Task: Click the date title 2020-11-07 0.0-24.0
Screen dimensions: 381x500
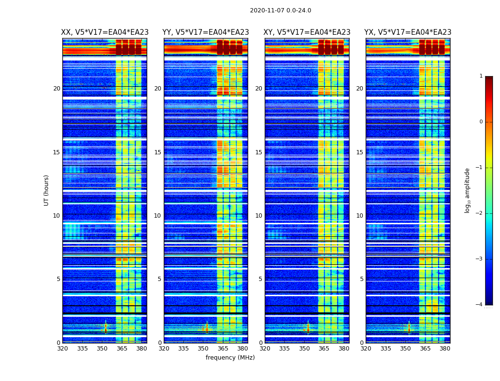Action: coord(280,10)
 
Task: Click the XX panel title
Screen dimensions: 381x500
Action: coord(105,32)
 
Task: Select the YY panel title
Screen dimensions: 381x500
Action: coord(206,32)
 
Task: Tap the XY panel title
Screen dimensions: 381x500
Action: coord(307,32)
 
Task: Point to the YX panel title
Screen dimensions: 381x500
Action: coord(408,32)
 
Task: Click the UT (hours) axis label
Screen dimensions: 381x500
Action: coord(46,190)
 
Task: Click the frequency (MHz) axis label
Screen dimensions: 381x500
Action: coord(230,358)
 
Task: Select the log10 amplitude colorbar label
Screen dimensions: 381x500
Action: coord(468,190)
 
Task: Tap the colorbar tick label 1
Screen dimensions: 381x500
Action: coord(480,76)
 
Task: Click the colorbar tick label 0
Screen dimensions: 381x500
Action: coord(480,122)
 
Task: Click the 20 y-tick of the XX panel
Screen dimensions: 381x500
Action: coord(57,89)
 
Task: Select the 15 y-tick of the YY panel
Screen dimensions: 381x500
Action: coord(158,152)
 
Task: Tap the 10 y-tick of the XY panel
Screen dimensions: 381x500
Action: coord(259,216)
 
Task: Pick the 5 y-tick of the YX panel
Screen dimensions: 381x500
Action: coord(361,279)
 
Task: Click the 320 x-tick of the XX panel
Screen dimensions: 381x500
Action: coord(62,349)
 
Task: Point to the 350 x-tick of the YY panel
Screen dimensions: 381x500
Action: coord(203,349)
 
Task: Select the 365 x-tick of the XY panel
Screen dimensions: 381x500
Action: coord(324,349)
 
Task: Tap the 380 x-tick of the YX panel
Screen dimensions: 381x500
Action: coord(445,349)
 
